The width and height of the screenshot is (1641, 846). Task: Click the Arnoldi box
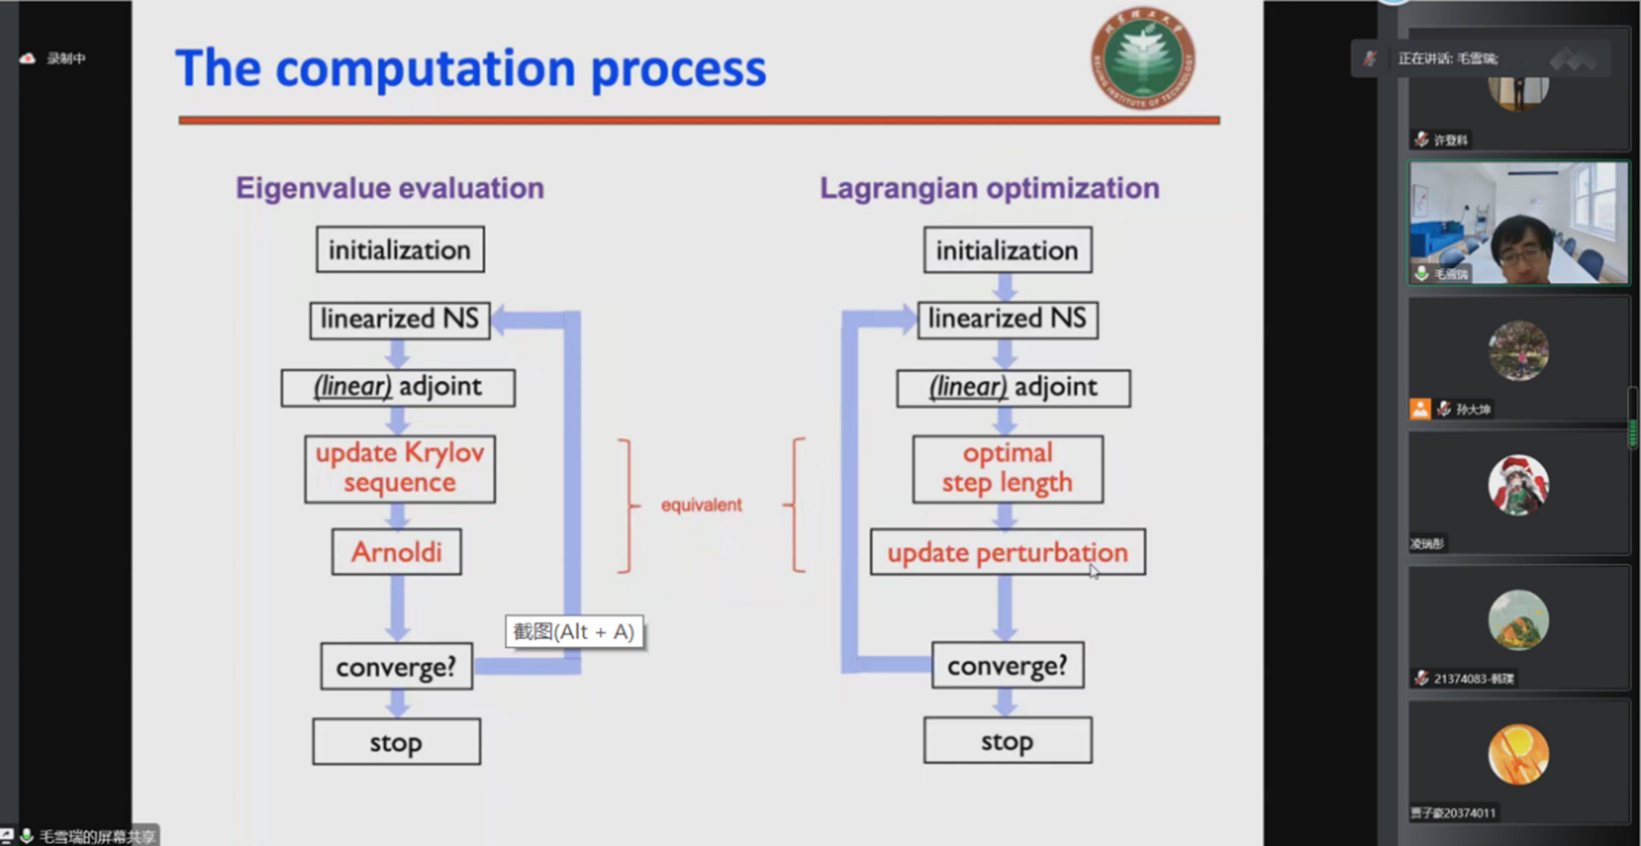(396, 552)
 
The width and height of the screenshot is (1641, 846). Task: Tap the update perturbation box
(1007, 552)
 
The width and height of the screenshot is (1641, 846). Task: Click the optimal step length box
(1007, 469)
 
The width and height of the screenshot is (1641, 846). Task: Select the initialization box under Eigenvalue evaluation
(400, 250)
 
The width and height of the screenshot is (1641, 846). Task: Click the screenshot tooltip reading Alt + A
(574, 631)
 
